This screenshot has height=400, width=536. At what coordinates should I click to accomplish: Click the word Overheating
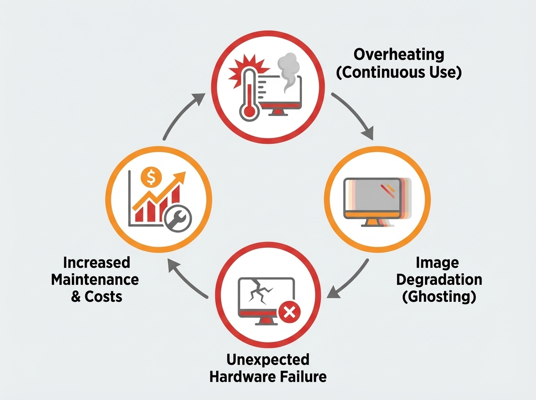[399, 55]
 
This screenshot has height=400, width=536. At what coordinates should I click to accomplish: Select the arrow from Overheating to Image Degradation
[355, 114]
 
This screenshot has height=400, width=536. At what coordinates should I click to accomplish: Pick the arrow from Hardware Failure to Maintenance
[188, 279]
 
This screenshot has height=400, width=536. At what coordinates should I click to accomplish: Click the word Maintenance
[95, 280]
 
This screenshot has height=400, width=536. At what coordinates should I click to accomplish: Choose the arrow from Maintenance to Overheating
[183, 114]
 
